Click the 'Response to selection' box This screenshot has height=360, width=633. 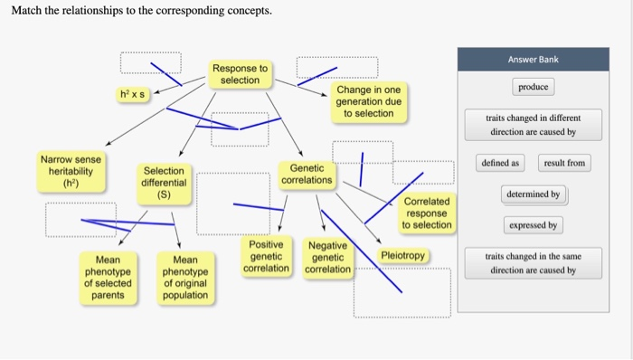click(x=240, y=74)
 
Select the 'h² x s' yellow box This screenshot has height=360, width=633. click(x=136, y=94)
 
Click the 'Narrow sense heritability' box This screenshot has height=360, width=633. click(x=70, y=171)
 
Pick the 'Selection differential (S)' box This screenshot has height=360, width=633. click(x=164, y=183)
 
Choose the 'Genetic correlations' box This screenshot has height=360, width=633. click(x=307, y=174)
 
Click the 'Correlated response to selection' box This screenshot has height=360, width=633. click(x=427, y=213)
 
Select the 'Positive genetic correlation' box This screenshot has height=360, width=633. click(x=267, y=256)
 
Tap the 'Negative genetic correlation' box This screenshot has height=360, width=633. click(x=327, y=258)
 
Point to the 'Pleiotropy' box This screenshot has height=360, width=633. click(x=402, y=256)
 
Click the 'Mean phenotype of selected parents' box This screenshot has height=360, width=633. click(x=108, y=277)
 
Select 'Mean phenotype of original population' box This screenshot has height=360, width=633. click(x=184, y=277)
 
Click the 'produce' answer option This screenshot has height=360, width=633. click(x=533, y=88)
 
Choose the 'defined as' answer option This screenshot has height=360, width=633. click(x=501, y=163)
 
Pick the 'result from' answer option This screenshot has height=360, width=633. click(x=563, y=163)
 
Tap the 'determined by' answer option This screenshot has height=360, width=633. click(x=534, y=194)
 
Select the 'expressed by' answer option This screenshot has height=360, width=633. click(x=533, y=224)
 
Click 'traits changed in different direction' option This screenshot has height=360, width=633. click(x=533, y=125)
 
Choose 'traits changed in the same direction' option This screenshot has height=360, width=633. click(x=533, y=263)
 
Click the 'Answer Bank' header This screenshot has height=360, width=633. click(x=533, y=60)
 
